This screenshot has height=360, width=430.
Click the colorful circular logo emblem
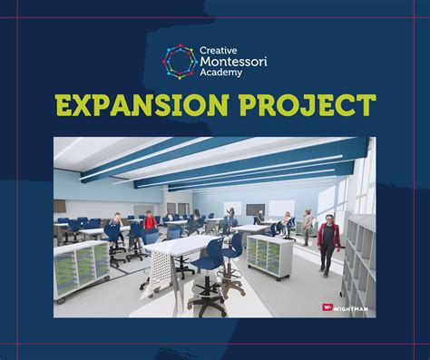pos(178,60)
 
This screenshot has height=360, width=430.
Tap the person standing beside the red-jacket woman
pos(308,228)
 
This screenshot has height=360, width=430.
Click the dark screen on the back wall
pos(257,209)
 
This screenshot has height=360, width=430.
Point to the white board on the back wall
pos(233,208)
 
